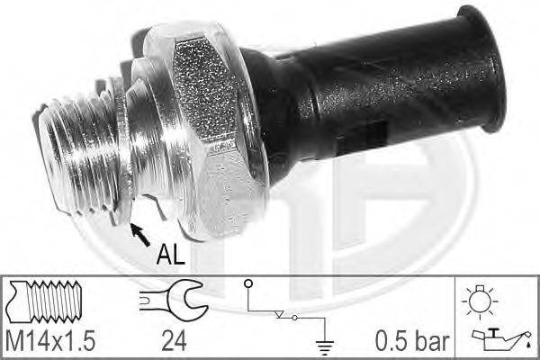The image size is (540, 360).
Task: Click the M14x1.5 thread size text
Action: (50, 341)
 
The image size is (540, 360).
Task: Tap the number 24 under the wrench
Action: (174, 341)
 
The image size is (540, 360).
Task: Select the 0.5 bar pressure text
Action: (412, 341)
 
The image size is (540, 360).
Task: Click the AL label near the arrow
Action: (170, 255)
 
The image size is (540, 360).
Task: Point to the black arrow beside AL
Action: (140, 235)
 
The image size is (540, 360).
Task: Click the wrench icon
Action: (174, 301)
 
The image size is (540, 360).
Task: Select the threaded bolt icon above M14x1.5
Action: (45, 301)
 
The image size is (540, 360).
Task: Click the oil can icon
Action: (499, 339)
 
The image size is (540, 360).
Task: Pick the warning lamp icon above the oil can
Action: (480, 301)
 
